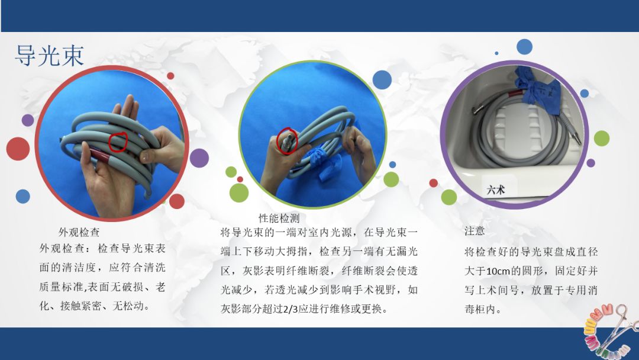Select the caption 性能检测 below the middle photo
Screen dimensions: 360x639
tap(279, 218)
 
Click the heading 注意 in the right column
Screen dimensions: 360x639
tap(475, 231)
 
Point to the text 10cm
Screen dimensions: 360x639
tap(496, 271)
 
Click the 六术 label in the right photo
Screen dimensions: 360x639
tap(495, 191)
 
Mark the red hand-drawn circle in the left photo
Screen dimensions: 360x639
tap(118, 141)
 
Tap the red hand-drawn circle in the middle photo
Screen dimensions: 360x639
tap(288, 141)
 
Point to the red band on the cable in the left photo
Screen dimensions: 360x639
tap(102, 156)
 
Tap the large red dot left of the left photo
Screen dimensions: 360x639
tap(18, 149)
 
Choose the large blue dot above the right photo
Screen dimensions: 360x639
tap(524, 47)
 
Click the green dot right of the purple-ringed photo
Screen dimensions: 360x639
tap(601, 138)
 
